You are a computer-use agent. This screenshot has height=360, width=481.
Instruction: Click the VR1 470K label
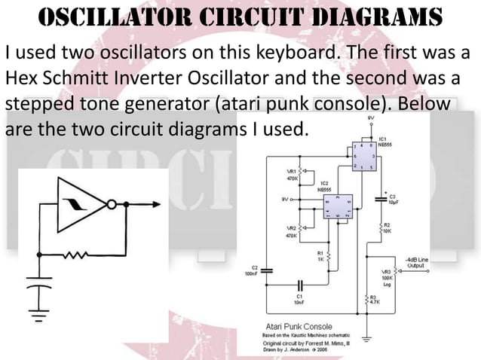291,175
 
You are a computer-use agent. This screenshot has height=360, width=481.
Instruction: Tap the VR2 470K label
291,232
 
